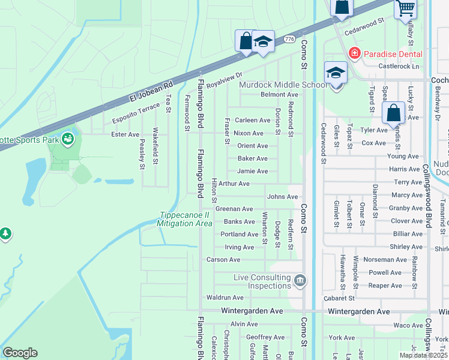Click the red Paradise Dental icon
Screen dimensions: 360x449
click(354, 54)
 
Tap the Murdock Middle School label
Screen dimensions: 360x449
click(283, 85)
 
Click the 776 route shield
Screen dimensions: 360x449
click(290, 39)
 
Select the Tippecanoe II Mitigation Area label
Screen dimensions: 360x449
click(184, 220)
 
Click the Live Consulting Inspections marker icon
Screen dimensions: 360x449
click(300, 280)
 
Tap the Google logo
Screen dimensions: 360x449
click(20, 353)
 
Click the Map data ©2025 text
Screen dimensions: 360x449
click(423, 355)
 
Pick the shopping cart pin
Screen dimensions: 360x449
click(406, 8)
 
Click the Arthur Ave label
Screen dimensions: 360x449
click(234, 184)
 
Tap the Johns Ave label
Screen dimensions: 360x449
click(282, 197)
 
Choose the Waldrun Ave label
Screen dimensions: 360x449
click(224, 298)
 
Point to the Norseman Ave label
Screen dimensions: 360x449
click(388, 260)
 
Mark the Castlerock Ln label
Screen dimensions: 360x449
click(399, 66)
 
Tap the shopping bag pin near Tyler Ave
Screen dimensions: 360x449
click(393, 113)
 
